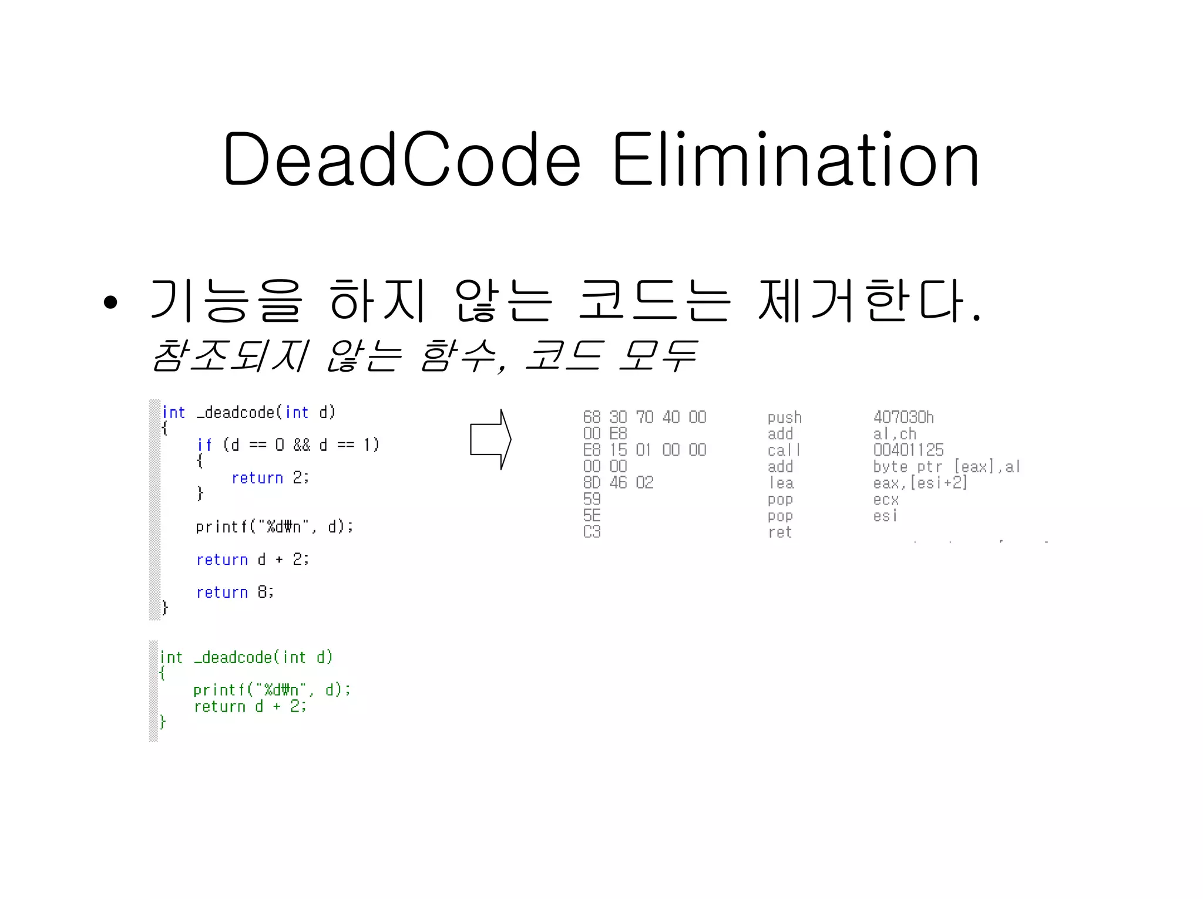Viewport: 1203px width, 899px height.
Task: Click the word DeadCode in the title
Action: click(x=402, y=160)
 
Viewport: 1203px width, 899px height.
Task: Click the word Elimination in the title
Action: click(x=795, y=160)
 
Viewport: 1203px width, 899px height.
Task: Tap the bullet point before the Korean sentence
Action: click(x=110, y=302)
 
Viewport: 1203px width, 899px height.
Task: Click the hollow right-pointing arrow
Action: click(x=490, y=439)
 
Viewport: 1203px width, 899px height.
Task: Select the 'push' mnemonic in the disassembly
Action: click(x=784, y=417)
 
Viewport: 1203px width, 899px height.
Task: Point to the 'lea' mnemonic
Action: click(x=781, y=483)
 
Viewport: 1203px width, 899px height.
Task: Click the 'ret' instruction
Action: click(x=780, y=533)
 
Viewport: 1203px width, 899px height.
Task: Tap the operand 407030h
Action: click(x=903, y=417)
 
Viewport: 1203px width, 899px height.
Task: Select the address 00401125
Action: click(x=908, y=450)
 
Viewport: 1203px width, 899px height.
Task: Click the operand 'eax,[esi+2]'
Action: click(x=920, y=483)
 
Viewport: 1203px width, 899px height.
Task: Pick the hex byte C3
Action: click(x=592, y=532)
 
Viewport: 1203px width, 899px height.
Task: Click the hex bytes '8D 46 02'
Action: click(x=618, y=483)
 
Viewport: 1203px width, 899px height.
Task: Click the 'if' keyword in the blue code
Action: click(x=204, y=445)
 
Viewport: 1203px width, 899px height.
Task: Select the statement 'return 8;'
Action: click(x=235, y=592)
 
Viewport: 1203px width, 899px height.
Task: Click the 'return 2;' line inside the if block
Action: click(x=270, y=478)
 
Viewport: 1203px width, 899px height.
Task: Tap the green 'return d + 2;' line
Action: click(x=250, y=706)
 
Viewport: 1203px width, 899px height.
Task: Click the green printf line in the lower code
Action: click(x=271, y=689)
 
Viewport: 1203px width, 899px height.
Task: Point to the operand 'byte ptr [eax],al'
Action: click(x=946, y=467)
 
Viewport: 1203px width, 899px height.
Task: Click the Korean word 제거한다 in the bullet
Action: click(x=863, y=302)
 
